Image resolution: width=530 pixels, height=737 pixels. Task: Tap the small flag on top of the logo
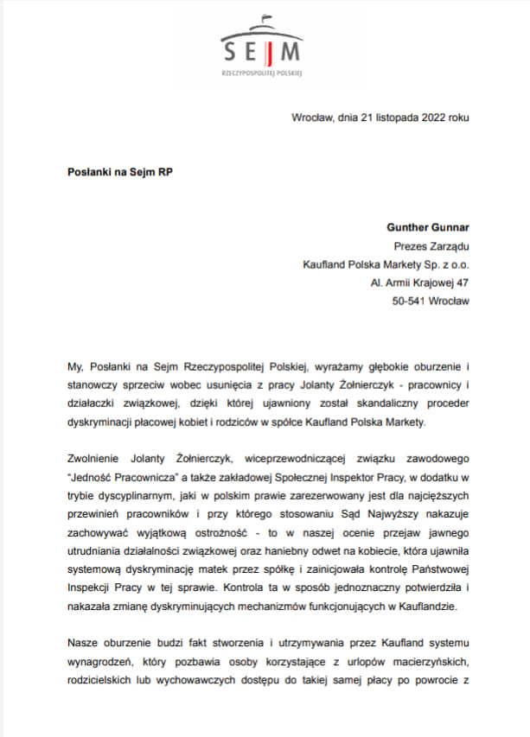[x=267, y=17]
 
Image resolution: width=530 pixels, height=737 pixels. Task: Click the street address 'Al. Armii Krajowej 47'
[x=419, y=282]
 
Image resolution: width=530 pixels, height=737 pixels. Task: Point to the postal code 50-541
[x=412, y=300]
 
